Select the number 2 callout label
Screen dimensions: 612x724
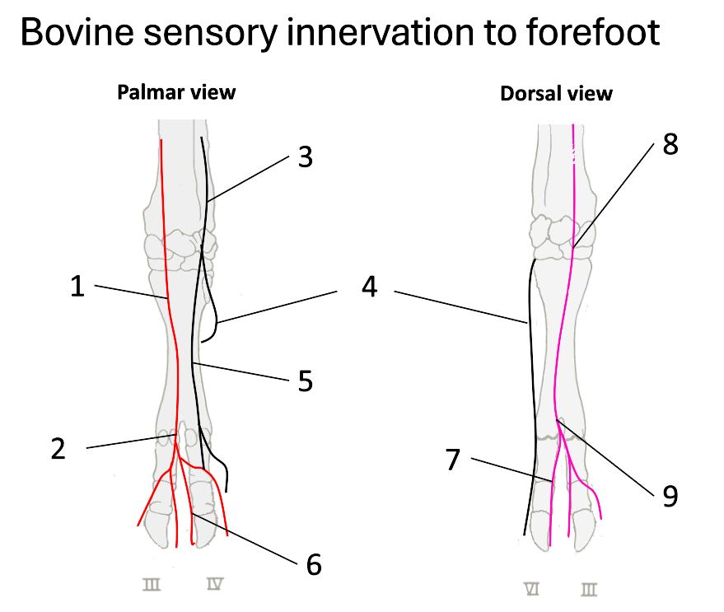click(x=58, y=450)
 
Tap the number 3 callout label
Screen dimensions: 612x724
click(x=306, y=157)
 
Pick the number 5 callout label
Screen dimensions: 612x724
click(x=306, y=383)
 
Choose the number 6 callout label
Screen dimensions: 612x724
click(x=313, y=565)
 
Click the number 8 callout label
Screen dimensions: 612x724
click(x=670, y=145)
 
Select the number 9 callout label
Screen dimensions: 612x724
click(x=670, y=495)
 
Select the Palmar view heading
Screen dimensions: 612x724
click(x=176, y=91)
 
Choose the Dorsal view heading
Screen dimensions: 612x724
click(x=556, y=93)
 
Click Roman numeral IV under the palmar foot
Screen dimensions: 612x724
click(x=213, y=585)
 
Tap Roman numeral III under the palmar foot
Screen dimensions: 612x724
click(x=152, y=585)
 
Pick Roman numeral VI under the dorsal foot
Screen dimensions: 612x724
click(x=532, y=588)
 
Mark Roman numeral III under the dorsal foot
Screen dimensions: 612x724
click(x=588, y=588)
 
